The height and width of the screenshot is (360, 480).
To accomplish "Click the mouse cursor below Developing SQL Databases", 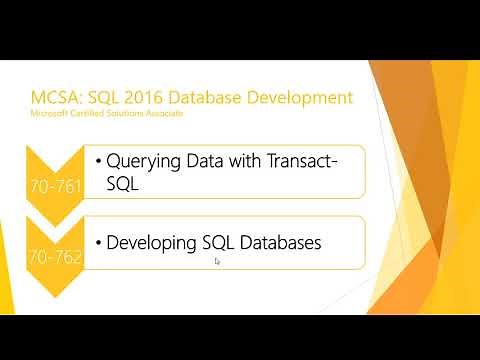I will [216, 262].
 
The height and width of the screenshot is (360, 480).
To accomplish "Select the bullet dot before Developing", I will [99, 243].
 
